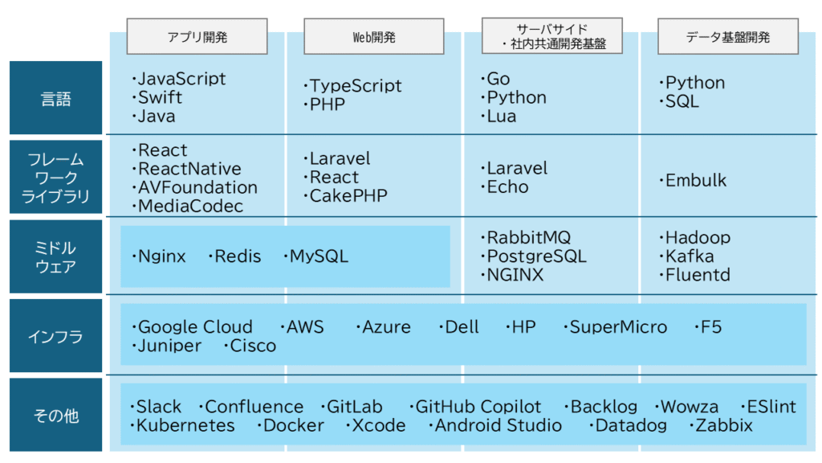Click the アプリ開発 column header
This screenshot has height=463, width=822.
(197, 36)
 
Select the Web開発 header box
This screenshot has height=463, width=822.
(374, 36)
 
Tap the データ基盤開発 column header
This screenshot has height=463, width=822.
(728, 36)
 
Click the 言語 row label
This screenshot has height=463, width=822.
(55, 97)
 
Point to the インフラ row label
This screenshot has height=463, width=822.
(55, 336)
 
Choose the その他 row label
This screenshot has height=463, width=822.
(55, 416)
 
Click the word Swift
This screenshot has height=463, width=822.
(160, 97)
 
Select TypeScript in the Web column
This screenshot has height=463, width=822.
(356, 85)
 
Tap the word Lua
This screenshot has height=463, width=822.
(502, 116)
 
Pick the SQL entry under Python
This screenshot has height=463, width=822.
(682, 101)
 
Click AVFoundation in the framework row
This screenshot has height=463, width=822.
(197, 187)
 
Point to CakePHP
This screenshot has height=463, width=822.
(348, 196)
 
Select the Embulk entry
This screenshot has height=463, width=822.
(696, 181)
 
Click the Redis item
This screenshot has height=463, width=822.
(238, 256)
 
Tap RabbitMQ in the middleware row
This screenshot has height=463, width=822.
(528, 237)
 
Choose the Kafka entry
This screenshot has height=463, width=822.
(690, 256)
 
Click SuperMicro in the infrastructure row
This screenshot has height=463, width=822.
(618, 327)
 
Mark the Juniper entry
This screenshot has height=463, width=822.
(169, 346)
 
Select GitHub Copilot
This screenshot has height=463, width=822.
(478, 407)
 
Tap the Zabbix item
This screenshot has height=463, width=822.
(724, 425)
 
